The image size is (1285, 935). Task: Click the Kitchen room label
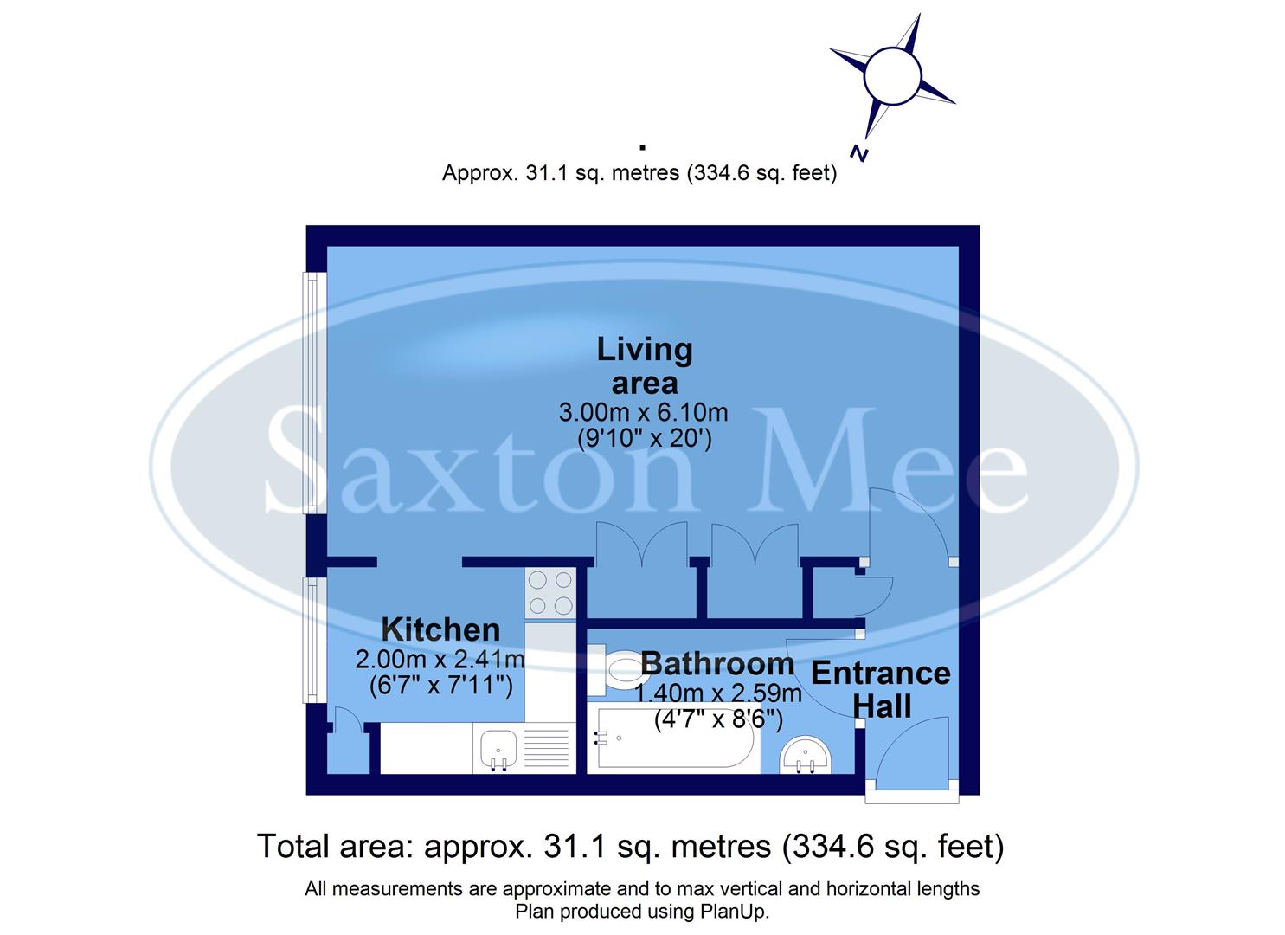440,629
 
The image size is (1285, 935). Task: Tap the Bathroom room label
717,664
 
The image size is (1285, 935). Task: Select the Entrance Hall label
881,689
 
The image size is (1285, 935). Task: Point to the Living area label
645,365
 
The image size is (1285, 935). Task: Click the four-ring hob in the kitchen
550,593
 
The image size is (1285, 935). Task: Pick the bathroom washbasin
806,754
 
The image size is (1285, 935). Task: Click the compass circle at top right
891,75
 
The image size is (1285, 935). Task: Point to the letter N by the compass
858,153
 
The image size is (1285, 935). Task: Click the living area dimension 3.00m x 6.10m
643,412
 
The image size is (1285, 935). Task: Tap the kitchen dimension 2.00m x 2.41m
440,660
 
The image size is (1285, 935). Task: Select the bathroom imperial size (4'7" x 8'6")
718,719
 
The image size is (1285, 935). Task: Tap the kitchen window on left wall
309,640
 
